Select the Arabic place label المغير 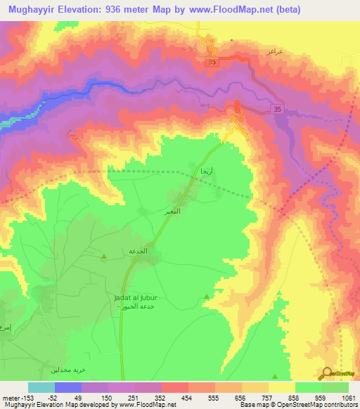173,211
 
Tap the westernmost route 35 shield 212,63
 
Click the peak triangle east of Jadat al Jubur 206,297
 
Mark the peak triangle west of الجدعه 104,257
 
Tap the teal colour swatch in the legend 41,387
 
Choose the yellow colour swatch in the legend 281,387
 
